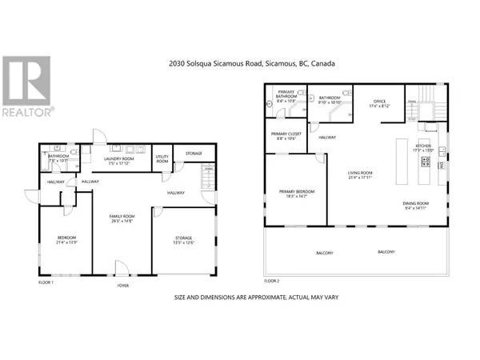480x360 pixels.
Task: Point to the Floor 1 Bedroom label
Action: tap(66, 238)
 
